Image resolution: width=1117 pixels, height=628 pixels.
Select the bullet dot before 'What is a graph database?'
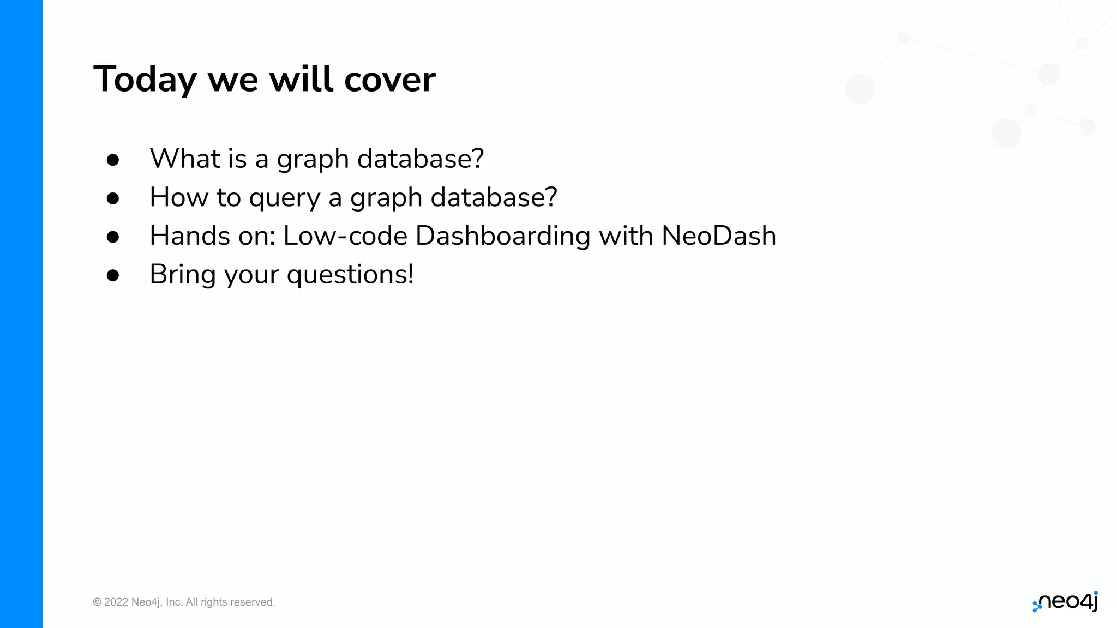tap(113, 160)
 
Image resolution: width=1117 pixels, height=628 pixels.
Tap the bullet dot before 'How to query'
tap(113, 198)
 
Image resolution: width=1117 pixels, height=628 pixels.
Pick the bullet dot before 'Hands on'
tap(113, 237)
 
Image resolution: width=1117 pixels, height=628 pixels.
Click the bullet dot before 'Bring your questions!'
tap(113, 275)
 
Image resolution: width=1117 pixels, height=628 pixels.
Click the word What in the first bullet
tap(185, 159)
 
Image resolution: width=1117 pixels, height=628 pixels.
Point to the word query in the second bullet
tap(284, 198)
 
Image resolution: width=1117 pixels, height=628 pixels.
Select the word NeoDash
tap(718, 236)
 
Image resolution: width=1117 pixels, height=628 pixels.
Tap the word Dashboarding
tap(502, 236)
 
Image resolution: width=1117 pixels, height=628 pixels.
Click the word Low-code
tap(345, 236)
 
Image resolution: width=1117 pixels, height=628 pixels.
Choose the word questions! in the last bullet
tap(350, 275)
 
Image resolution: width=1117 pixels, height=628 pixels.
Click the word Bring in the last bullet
tap(183, 275)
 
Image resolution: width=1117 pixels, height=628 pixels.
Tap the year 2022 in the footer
tap(116, 602)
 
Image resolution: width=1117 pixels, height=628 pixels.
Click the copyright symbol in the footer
tap(97, 602)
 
